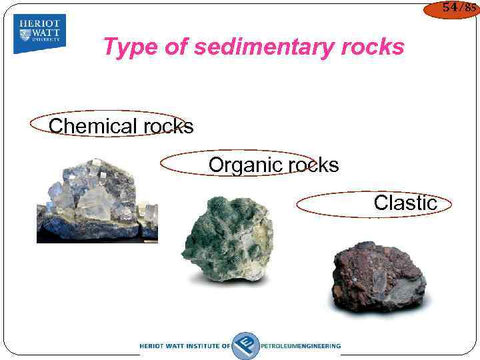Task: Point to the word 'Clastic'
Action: pos(405,203)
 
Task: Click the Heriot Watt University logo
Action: pos(39,34)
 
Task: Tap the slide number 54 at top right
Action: pos(449,8)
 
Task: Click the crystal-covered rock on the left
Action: pos(97,200)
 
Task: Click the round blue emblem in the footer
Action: pos(245,345)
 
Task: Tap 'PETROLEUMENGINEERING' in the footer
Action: pos(301,346)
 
